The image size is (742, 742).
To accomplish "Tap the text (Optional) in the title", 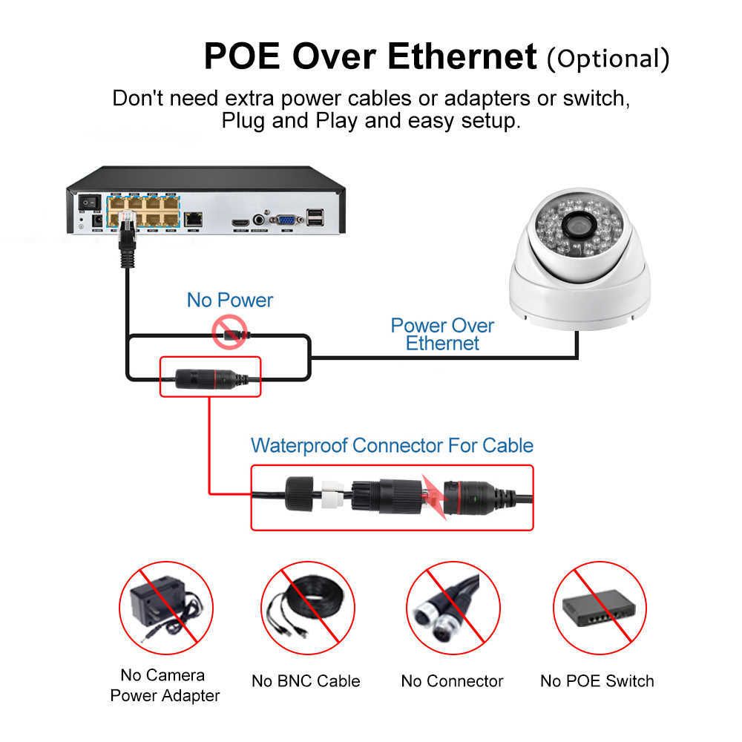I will (608, 58).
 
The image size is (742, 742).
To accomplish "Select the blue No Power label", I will (230, 300).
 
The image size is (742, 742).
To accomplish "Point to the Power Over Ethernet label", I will (442, 334).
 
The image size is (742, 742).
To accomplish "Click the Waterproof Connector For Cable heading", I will (392, 445).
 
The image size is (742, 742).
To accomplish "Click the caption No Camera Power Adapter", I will (165, 685).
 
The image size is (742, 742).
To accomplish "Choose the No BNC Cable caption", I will (306, 681).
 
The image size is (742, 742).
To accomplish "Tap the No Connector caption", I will (452, 681).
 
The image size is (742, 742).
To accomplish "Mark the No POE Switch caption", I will (597, 681).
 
